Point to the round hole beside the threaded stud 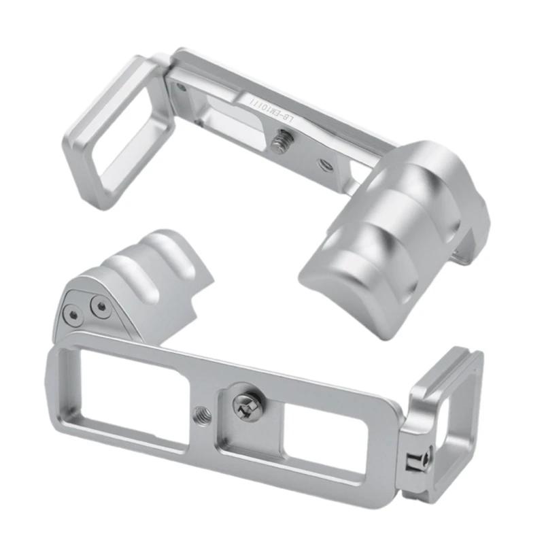pos(323,164)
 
